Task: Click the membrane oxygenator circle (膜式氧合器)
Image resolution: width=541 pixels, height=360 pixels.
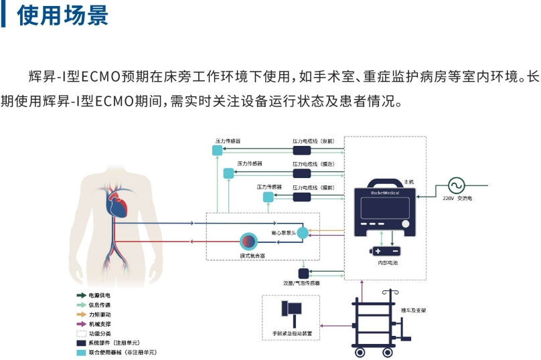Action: tap(248, 241)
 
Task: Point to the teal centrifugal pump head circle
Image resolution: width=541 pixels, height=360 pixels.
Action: tap(303, 232)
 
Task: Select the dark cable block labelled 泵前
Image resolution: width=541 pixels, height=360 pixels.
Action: tap(306, 151)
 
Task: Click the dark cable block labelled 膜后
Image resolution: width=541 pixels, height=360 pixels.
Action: tap(306, 173)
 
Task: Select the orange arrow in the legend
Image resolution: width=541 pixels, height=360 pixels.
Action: tap(81, 314)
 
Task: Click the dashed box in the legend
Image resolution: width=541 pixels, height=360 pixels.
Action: tap(81, 333)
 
